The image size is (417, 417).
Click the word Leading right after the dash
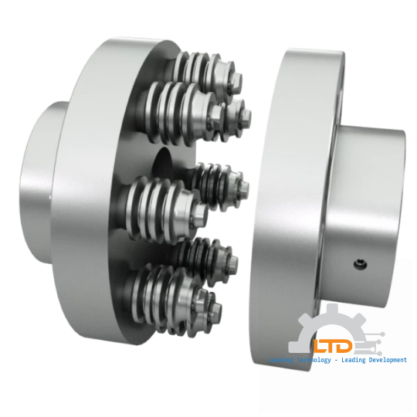point(358,361)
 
